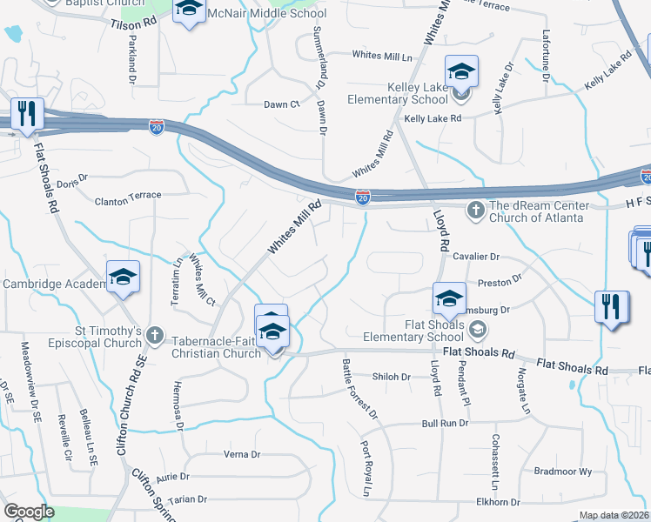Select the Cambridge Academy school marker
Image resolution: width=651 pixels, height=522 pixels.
(123, 278)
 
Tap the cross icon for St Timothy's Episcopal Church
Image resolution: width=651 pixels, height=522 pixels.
(154, 334)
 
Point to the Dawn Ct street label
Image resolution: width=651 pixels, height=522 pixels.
(281, 104)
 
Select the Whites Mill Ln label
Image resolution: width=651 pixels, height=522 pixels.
(381, 56)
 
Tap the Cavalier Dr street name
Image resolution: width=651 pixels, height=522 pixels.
(476, 257)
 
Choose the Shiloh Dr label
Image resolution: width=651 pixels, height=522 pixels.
(391, 377)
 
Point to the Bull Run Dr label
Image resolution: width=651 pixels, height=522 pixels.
(445, 423)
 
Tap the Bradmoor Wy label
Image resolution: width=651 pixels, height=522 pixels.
(562, 471)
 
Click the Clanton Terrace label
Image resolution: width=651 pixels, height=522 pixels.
(128, 196)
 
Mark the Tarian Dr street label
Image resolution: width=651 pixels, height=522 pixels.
(189, 499)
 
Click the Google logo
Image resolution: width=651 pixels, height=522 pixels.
(29, 512)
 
